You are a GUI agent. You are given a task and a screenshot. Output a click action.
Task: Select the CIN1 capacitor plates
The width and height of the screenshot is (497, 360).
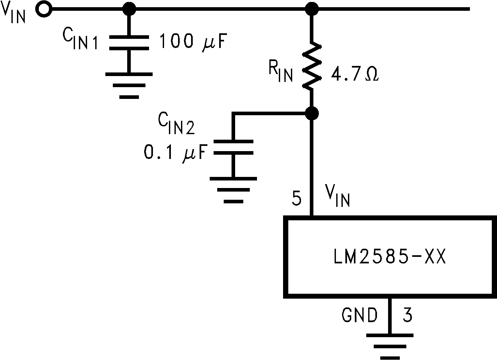[129, 43]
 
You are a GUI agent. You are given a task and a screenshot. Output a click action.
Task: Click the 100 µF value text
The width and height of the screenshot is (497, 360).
[193, 42]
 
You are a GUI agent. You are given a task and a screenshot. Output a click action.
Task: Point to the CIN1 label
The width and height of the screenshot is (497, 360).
[80, 40]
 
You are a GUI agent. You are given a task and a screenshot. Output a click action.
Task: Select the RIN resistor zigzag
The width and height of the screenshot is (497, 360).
[312, 66]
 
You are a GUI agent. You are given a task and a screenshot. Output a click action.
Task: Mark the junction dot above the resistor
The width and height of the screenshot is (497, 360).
[312, 9]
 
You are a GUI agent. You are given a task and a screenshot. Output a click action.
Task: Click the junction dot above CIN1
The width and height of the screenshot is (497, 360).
[129, 9]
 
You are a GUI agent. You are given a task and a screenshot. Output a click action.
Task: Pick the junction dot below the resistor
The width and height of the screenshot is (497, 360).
[312, 113]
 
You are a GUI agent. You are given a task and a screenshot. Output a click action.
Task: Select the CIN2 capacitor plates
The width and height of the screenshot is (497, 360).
[233, 147]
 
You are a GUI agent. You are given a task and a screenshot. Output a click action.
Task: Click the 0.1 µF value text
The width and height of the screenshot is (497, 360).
[175, 153]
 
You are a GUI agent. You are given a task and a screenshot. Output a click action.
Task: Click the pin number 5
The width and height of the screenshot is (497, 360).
[296, 198]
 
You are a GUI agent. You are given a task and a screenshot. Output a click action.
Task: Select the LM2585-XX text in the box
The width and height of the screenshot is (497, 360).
[389, 257]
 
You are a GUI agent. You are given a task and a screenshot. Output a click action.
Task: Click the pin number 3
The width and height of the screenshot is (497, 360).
[407, 315]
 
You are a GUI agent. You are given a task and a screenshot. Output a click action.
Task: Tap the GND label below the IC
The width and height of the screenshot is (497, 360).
[359, 315]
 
